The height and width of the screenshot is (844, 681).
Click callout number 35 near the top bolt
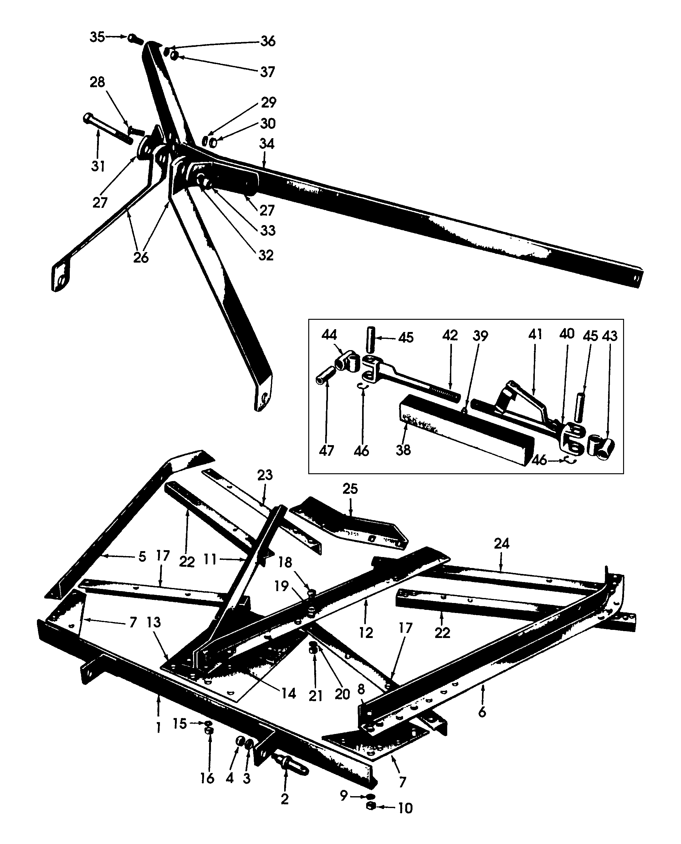pos(97,37)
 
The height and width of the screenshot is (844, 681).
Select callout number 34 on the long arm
pos(266,144)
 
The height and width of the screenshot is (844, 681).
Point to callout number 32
pos(266,255)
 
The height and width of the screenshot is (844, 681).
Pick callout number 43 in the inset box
pos(610,336)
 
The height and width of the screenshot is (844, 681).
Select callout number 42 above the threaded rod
pos(450,335)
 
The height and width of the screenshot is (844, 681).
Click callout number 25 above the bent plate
pos(350,489)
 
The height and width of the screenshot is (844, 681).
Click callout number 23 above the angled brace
pos(265,475)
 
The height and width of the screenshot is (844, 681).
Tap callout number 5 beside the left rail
pos(142,556)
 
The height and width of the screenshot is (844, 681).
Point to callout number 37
pos(267,72)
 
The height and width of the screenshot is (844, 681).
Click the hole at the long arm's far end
pos(636,278)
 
